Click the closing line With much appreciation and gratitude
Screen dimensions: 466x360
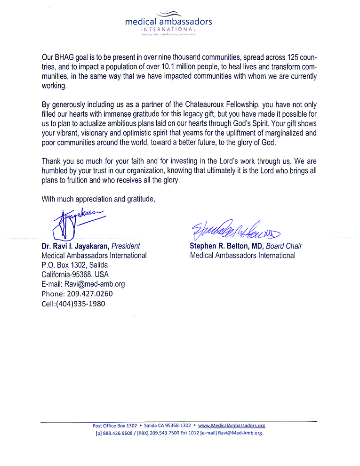click(98, 198)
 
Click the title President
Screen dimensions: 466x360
click(126, 246)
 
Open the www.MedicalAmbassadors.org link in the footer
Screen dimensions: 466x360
click(232, 426)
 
